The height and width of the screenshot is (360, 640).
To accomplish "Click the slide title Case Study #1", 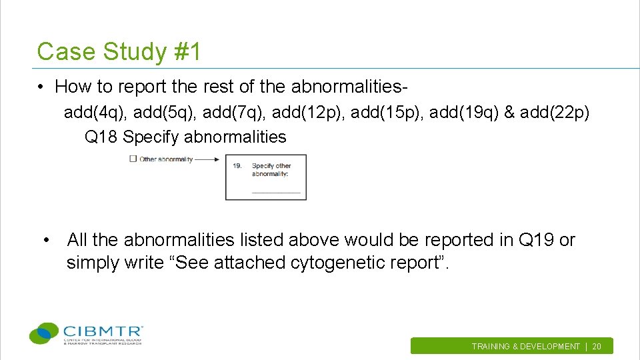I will coord(119,51).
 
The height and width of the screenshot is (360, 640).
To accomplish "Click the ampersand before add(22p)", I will coord(510,112).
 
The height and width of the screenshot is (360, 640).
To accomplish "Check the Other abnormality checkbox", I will coord(133,159).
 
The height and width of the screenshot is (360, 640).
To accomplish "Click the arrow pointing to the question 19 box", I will coord(207,159).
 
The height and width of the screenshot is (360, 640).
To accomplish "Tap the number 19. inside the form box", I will coord(237,166).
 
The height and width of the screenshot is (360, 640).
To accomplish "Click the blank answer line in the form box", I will coord(276,193).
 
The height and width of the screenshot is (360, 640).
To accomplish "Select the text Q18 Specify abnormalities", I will coord(185,137).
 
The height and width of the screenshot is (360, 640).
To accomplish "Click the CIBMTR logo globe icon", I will coord(45,333).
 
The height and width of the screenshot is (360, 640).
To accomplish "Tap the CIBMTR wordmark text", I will coord(103,331).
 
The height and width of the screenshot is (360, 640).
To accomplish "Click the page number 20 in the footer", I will coord(597,347).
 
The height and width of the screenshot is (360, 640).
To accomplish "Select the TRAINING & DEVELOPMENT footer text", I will coord(525,347).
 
